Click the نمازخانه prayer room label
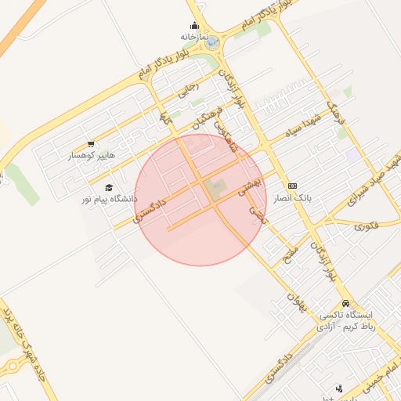pos(193,36)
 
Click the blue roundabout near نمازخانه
pos(212,42)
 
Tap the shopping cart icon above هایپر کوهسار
pos(91,144)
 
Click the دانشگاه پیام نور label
pos(108,199)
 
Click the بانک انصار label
pos(293,198)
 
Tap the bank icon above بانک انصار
pos(292,186)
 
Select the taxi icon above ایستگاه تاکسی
pos(345,304)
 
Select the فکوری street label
pos(365,226)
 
